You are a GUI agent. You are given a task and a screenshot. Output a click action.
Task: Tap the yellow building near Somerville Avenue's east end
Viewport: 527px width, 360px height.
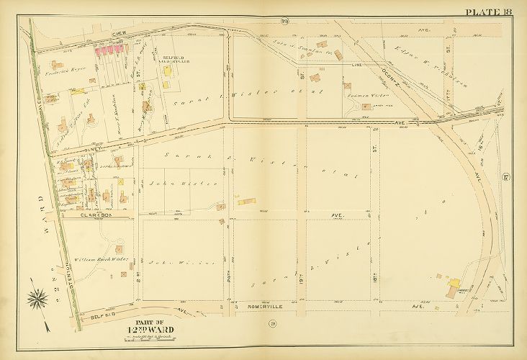pyautogui.click(x=454, y=287)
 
